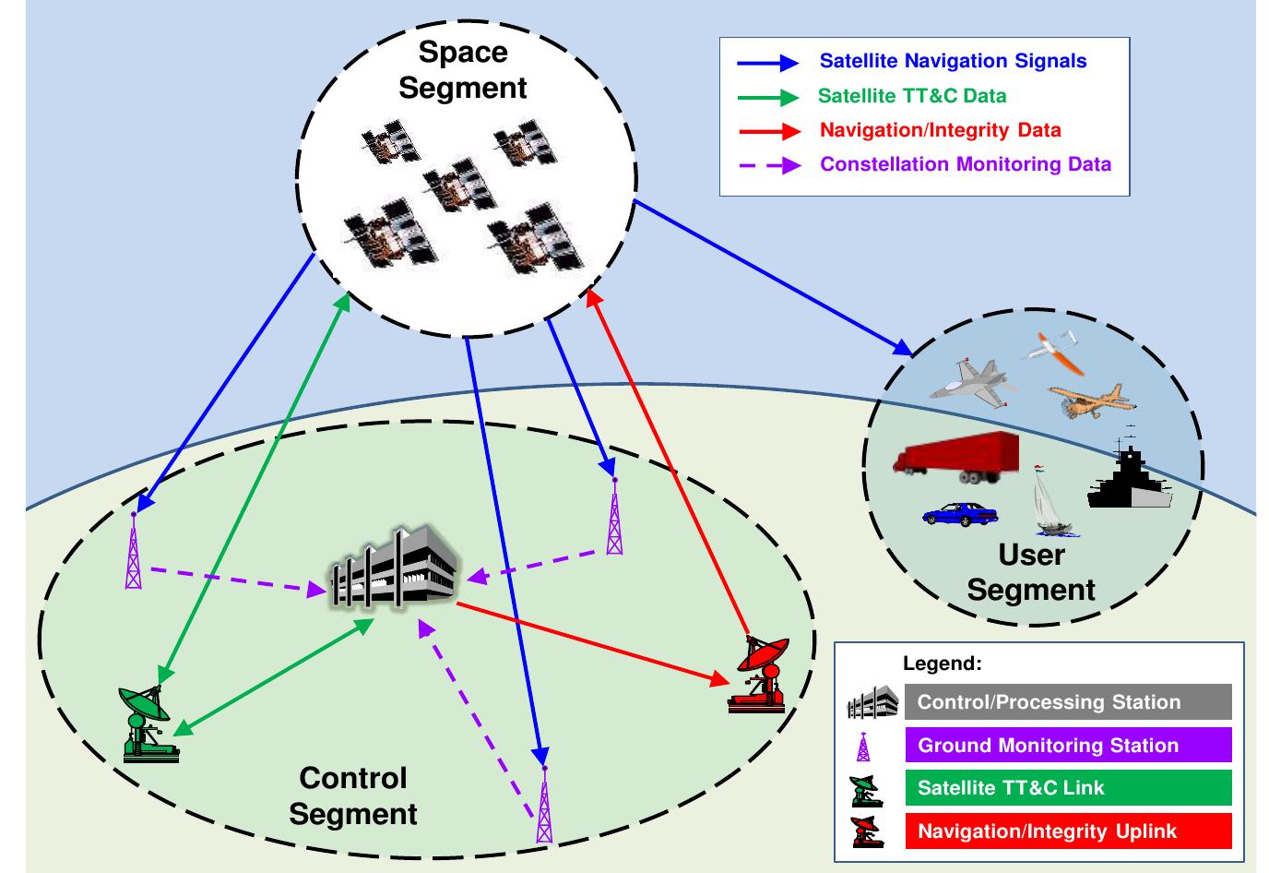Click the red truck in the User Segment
click(x=956, y=457)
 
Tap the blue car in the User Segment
click(x=960, y=514)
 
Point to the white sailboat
click(x=1051, y=501)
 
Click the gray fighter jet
click(x=973, y=383)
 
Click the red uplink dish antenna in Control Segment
click(x=758, y=674)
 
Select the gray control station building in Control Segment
click(x=395, y=568)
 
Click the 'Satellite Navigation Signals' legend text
click(x=953, y=61)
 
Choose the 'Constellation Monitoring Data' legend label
click(x=966, y=164)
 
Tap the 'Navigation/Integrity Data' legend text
click(x=941, y=130)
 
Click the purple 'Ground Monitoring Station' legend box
click(x=1069, y=745)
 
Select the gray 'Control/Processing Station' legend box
click(x=1069, y=701)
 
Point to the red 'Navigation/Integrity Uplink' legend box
click(x=1069, y=831)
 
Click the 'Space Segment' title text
click(x=463, y=70)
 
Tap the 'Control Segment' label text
click(x=353, y=795)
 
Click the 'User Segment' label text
click(x=1031, y=572)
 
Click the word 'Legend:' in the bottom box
click(x=943, y=664)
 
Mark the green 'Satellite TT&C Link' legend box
click(x=1069, y=788)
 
